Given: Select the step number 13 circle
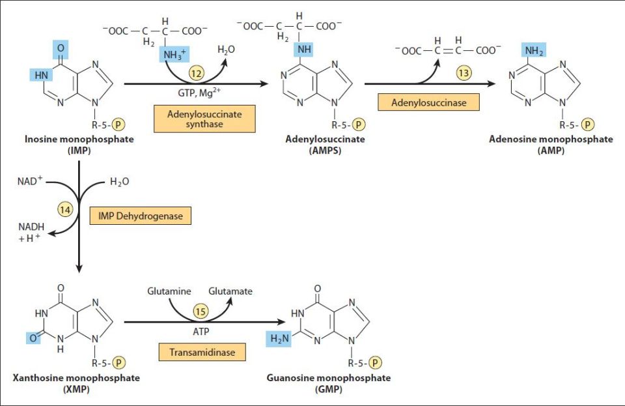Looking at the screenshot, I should [464, 73].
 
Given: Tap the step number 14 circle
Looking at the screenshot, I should [64, 209].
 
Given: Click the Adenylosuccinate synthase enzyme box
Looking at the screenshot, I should [204, 119].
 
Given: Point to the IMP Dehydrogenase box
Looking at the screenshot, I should [141, 214].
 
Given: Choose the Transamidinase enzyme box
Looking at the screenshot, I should [197, 352].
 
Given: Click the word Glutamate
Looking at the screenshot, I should [230, 291].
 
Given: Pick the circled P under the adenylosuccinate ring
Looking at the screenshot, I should [357, 124].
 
